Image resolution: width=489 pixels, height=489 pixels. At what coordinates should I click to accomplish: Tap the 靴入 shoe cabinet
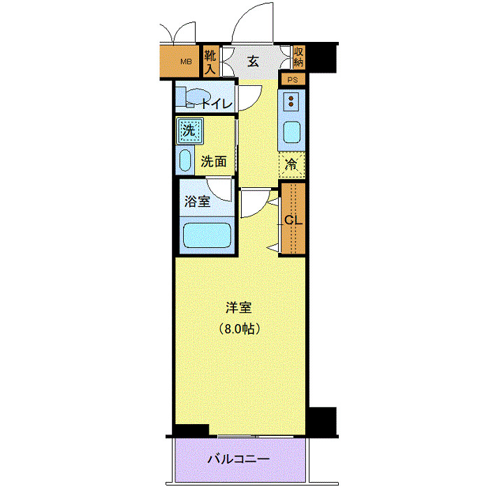tap(210, 61)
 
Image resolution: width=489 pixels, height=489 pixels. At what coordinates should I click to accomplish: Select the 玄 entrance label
tap(252, 61)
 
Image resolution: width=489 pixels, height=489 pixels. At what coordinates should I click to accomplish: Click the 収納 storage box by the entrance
tap(298, 57)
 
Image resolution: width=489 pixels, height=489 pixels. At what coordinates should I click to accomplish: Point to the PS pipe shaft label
tap(293, 79)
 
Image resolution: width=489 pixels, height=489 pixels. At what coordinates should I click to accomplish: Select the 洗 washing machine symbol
tap(188, 130)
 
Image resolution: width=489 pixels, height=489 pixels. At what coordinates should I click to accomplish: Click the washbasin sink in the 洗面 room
tap(185, 160)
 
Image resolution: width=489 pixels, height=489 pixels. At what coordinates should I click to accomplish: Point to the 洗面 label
tap(214, 161)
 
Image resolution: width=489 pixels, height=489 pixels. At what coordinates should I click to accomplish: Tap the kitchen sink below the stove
tap(291, 131)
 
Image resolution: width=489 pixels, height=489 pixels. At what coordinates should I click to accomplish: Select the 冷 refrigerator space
tap(293, 166)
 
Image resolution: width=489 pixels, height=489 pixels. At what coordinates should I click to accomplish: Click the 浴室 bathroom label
tap(197, 202)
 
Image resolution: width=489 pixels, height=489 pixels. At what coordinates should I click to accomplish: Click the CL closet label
tap(293, 219)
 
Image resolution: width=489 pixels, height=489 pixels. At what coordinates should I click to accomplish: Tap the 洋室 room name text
tap(238, 307)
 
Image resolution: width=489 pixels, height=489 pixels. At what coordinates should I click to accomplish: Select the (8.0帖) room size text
tap(238, 328)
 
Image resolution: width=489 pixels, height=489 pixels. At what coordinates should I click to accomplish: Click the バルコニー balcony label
tap(238, 460)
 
